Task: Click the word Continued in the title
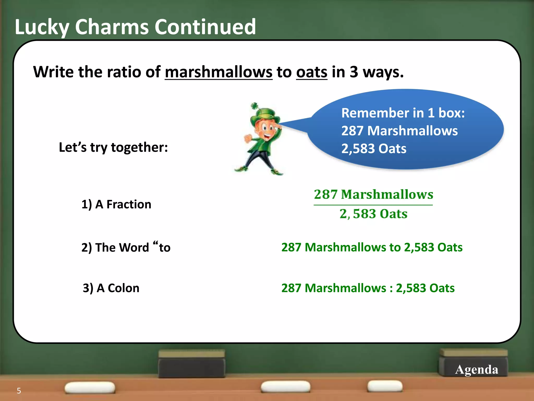pyautogui.click(x=205, y=27)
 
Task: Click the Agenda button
pyautogui.click(x=476, y=369)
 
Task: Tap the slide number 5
pyautogui.click(x=19, y=391)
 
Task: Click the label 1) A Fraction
pyautogui.click(x=116, y=204)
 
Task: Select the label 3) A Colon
pyautogui.click(x=111, y=288)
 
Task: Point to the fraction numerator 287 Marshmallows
pyautogui.click(x=373, y=194)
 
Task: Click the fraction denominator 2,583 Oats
pyautogui.click(x=373, y=214)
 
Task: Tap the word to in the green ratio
pyautogui.click(x=395, y=247)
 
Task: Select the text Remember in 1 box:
pyautogui.click(x=403, y=113)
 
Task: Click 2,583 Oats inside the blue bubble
pyautogui.click(x=374, y=149)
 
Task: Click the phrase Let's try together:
pyautogui.click(x=113, y=147)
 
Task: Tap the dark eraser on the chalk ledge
pyautogui.click(x=192, y=364)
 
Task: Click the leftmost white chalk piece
pyautogui.click(x=90, y=387)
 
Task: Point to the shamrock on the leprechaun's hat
pyautogui.click(x=254, y=106)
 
